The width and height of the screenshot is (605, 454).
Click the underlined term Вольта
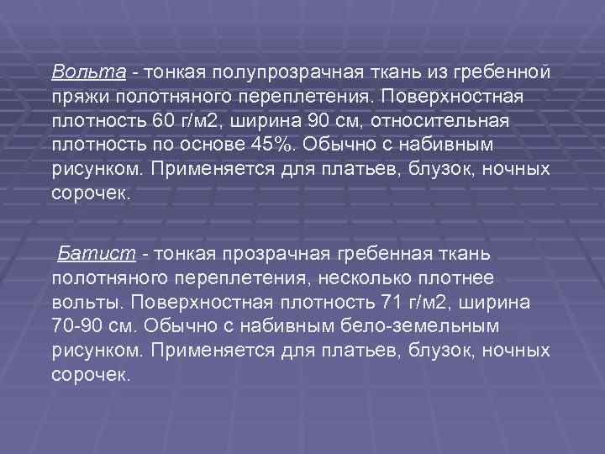tap(78, 67)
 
